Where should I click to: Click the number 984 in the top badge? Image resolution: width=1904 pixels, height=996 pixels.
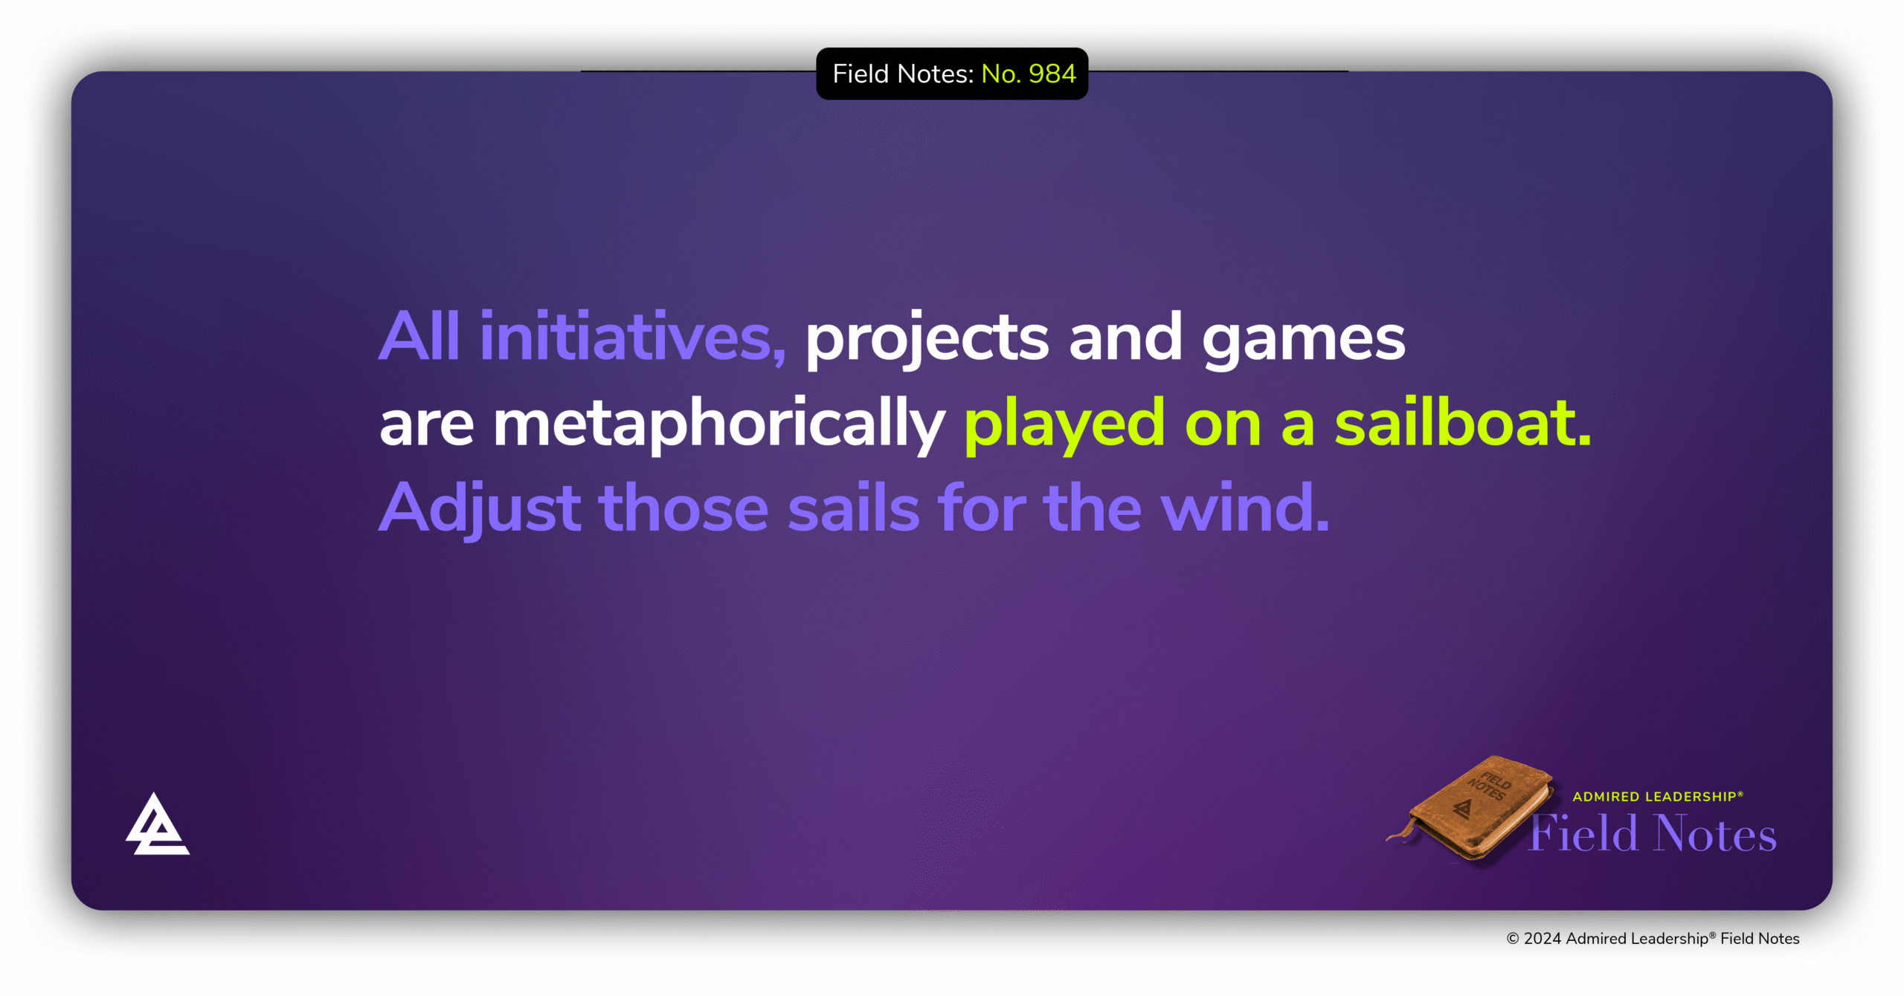(x=1052, y=74)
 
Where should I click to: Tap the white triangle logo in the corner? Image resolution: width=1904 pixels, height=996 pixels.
(x=157, y=824)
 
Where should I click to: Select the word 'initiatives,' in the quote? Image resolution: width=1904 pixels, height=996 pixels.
(x=632, y=337)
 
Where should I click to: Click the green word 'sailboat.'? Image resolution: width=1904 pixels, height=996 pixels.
(x=1462, y=421)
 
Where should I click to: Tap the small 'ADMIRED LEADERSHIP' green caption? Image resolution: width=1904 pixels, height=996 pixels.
(x=1658, y=797)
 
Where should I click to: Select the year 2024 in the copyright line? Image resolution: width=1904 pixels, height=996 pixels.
(x=1543, y=939)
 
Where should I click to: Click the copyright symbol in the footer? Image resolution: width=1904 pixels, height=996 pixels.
(x=1513, y=939)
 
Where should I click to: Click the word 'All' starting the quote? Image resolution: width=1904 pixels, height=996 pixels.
(x=419, y=337)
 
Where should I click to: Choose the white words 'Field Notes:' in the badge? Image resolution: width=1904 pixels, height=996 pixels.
(x=903, y=74)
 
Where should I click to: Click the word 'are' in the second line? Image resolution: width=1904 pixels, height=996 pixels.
(x=426, y=427)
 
